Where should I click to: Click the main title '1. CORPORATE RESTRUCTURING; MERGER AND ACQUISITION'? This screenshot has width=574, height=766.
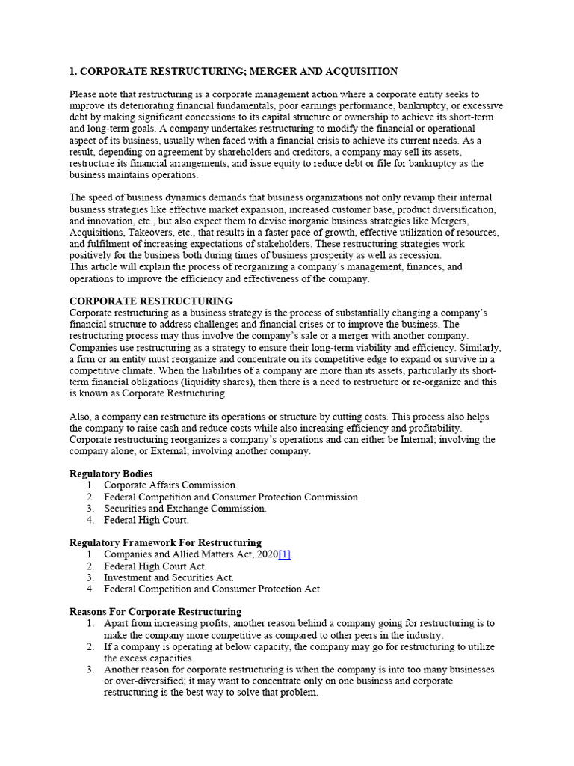(233, 71)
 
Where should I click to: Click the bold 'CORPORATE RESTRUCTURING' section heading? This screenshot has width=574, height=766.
(151, 301)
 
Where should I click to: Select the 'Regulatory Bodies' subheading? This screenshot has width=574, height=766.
(111, 474)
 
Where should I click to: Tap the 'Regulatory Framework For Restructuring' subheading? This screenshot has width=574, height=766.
(165, 542)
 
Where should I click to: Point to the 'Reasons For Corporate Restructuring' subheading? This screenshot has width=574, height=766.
(155, 611)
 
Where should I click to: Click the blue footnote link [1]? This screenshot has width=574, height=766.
(285, 554)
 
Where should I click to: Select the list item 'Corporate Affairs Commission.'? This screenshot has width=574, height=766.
(171, 485)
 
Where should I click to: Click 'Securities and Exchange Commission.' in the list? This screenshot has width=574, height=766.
(185, 509)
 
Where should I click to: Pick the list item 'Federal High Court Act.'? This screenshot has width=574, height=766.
(155, 566)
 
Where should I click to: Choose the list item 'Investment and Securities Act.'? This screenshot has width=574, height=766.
(169, 577)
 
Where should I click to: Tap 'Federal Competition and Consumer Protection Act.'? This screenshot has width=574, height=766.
(213, 589)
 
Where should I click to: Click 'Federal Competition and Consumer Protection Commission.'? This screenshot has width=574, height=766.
(232, 497)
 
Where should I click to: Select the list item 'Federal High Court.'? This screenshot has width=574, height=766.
(146, 520)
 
